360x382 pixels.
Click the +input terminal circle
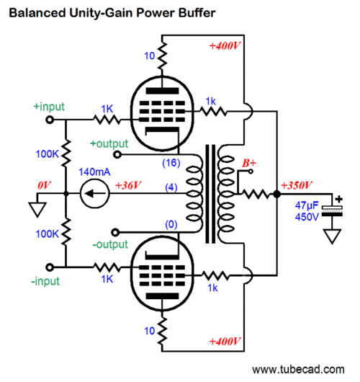click(50, 120)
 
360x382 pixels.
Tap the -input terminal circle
click(50, 267)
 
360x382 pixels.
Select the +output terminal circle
click(117, 154)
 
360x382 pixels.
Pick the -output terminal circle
click(115, 232)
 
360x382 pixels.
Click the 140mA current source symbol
click(95, 194)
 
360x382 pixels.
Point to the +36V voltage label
click(128, 185)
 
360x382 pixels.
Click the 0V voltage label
click(44, 186)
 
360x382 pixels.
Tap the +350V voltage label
click(297, 185)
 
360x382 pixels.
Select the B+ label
click(249, 163)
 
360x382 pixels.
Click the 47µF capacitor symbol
click(332, 211)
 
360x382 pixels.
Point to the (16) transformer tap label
click(171, 162)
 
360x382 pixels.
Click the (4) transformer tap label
click(171, 187)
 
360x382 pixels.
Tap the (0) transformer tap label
click(171, 224)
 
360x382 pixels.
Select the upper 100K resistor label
click(48, 154)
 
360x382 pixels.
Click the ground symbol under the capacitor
click(332, 236)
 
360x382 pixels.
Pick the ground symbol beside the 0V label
click(37, 210)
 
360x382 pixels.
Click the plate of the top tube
click(162, 91)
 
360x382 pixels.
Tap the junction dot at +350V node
click(277, 194)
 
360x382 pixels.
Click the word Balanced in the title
click(37, 13)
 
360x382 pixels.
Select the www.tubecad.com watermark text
click(298, 370)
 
